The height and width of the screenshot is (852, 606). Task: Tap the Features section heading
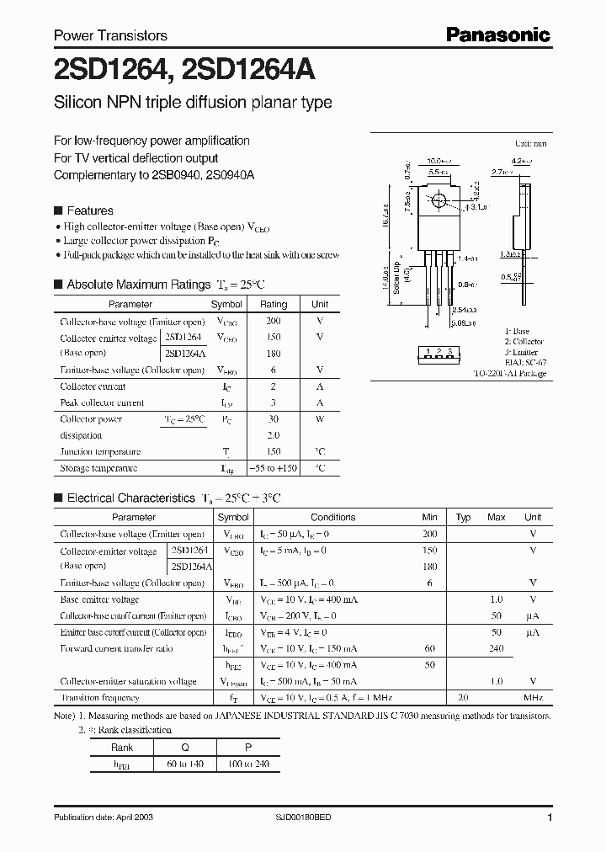[89, 210]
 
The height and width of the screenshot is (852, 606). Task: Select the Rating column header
[274, 304]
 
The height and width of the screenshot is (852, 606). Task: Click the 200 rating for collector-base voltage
[274, 322]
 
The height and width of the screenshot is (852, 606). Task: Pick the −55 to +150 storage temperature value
[274, 468]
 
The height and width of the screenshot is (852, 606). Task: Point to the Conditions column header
[333, 517]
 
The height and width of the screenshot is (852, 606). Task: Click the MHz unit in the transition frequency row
[532, 698]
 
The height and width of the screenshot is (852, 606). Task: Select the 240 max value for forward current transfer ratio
[497, 649]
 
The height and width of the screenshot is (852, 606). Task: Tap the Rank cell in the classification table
[122, 746]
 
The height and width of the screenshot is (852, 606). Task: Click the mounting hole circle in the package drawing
[439, 201]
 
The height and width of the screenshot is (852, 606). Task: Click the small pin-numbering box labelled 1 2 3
[439, 352]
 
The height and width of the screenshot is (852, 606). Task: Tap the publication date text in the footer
[103, 817]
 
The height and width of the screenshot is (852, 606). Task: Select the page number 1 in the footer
[549, 817]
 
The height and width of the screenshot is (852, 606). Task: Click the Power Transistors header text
[110, 35]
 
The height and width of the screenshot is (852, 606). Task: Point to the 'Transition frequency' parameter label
[99, 698]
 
